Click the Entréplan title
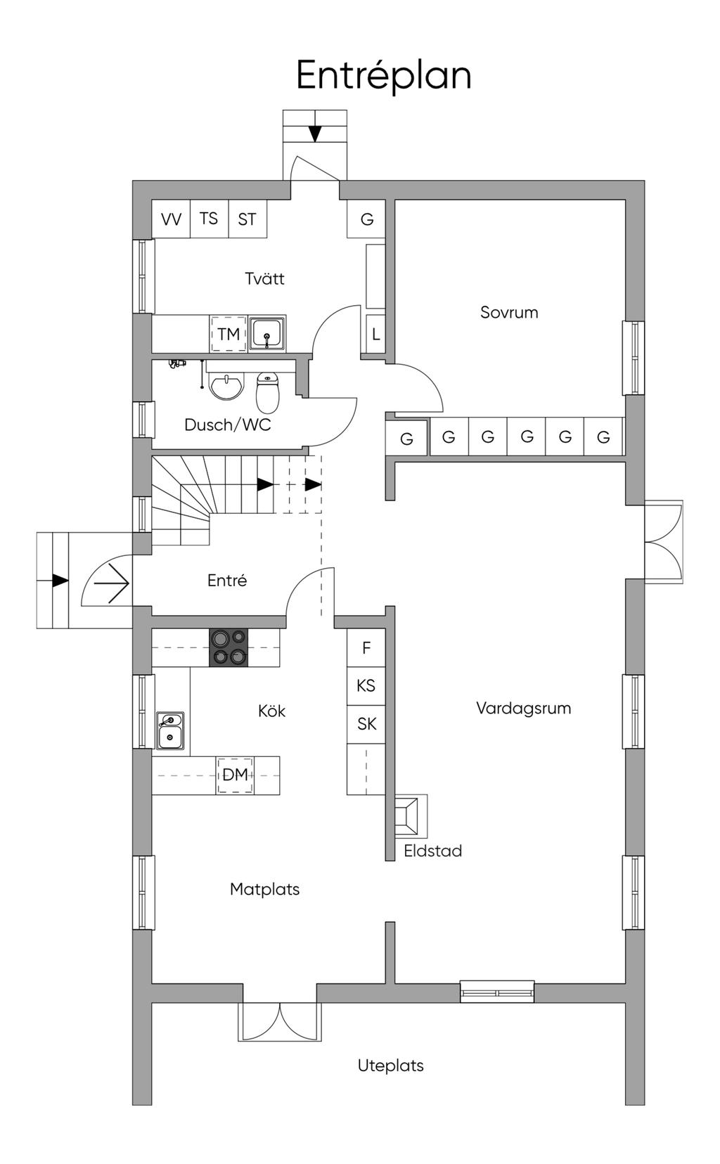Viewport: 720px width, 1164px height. (384, 76)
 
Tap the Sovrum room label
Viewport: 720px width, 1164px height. (509, 312)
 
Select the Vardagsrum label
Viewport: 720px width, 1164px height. (524, 709)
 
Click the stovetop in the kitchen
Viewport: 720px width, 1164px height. (229, 647)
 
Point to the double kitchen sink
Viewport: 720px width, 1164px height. (170, 730)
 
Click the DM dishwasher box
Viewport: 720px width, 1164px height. (235, 775)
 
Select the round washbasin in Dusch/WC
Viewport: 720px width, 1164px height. (226, 387)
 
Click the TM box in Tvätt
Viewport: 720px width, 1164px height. (229, 334)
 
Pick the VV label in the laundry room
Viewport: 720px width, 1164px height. (171, 219)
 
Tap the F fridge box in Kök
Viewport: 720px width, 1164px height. (366, 647)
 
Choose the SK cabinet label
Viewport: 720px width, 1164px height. (366, 724)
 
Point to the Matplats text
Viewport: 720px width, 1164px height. (264, 889)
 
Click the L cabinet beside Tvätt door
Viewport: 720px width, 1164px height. (375, 334)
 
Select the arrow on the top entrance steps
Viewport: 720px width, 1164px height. (315, 133)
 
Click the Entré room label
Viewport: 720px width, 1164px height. (227, 580)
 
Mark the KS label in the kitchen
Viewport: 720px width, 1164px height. (366, 686)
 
